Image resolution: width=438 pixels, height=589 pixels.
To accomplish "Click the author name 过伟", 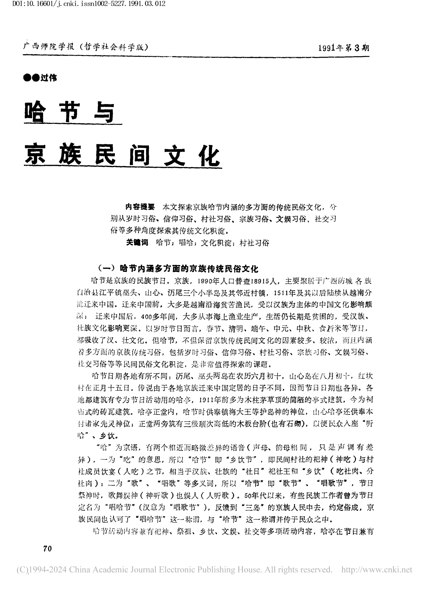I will coord(49,78).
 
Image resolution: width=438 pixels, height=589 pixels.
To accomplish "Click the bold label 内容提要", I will coord(140,207).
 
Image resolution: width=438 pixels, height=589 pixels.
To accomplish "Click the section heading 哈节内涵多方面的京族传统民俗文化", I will coord(189,268).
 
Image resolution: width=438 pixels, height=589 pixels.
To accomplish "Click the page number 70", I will coord(47,549).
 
